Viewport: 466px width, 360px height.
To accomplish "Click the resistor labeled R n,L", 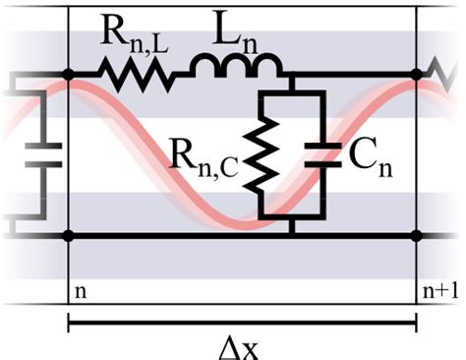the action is [136, 75].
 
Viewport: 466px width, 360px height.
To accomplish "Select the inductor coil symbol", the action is [235, 64].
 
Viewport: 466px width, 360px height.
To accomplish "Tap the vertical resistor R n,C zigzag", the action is [262, 153].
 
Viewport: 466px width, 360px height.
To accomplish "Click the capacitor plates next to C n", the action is [323, 154].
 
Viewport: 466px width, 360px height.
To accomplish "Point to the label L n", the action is [235, 32].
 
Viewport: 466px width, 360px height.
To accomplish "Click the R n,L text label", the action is [135, 35].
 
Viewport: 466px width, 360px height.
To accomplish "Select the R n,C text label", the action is [204, 160].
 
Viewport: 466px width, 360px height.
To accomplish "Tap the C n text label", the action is [371, 159].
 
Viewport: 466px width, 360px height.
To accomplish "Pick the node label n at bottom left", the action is [81, 292].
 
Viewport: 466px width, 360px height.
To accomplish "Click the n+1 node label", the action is [440, 291].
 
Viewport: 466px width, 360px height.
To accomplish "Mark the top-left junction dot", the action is [68, 75].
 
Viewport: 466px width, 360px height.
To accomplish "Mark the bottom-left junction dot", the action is [68, 236].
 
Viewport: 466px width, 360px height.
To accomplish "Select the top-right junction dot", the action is [417, 75].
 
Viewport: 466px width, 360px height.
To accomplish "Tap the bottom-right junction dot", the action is [417, 236].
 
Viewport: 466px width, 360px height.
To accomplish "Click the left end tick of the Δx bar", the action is [68, 323].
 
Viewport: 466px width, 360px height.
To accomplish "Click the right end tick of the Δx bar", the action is [417, 323].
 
